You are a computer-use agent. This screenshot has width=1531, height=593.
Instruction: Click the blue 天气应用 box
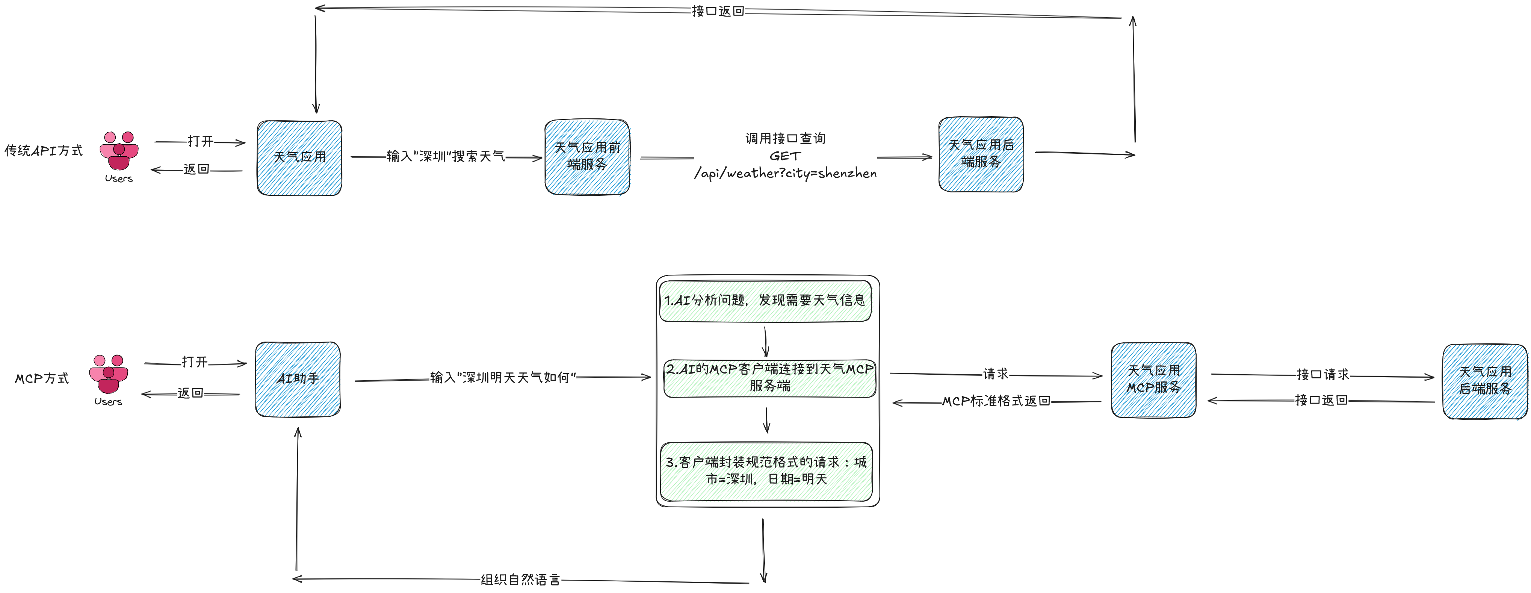299,157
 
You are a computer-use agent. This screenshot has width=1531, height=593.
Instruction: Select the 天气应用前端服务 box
587,156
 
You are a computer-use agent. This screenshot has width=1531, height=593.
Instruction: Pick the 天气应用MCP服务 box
1153,380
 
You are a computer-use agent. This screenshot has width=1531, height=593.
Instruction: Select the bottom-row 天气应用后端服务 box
1485,381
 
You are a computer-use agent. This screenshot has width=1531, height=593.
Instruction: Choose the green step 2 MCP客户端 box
770,378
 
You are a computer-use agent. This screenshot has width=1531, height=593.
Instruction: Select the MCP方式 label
42,378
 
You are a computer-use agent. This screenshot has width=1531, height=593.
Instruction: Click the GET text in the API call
785,156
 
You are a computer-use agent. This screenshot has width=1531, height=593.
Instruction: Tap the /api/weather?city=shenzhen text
785,174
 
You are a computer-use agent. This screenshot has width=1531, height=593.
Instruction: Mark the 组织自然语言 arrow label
520,579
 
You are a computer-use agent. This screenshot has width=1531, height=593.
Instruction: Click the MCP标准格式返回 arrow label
996,401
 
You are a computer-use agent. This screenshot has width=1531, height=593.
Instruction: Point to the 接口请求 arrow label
1323,374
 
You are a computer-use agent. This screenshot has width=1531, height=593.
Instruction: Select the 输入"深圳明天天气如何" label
503,377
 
